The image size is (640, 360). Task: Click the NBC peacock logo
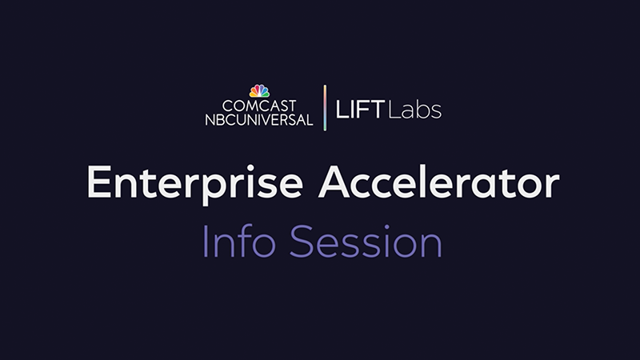click(x=259, y=91)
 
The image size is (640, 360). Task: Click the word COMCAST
click(x=259, y=106)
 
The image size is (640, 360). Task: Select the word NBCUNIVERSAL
click(x=258, y=119)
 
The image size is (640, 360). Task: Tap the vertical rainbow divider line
click(x=325, y=108)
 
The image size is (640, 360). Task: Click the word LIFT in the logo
click(x=360, y=110)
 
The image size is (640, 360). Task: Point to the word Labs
click(x=415, y=110)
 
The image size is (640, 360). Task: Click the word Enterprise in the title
click(x=195, y=183)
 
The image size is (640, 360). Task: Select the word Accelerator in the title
click(x=438, y=182)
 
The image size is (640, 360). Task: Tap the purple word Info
click(x=239, y=241)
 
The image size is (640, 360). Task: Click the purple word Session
click(x=366, y=242)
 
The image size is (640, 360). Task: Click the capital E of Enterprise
click(x=98, y=182)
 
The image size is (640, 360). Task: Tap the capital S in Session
click(x=302, y=242)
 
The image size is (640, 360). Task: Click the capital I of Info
click(x=205, y=242)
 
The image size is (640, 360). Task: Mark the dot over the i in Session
click(x=386, y=227)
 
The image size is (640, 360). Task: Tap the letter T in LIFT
click(x=376, y=110)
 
